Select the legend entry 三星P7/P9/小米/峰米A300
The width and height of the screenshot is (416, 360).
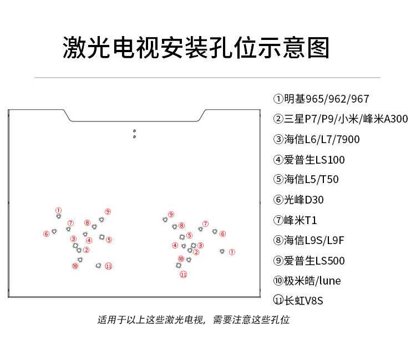click(341, 119)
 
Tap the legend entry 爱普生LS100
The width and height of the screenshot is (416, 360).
click(309, 160)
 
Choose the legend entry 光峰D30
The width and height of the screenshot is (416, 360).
click(298, 200)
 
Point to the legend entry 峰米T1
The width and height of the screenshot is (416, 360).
click(295, 220)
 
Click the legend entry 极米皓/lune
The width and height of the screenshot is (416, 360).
click(307, 280)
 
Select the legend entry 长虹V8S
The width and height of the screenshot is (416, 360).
click(298, 301)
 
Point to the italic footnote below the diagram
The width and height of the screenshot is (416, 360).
click(193, 320)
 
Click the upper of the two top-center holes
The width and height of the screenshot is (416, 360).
click(134, 131)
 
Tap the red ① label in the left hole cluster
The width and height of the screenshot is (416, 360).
click(58, 210)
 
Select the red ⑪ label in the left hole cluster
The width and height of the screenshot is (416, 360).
click(109, 266)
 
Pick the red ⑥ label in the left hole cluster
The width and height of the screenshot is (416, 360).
click(46, 234)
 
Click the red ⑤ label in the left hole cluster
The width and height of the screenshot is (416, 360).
click(109, 240)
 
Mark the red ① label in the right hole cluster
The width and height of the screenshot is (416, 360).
click(232, 252)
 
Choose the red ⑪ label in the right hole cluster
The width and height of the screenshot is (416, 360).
click(183, 274)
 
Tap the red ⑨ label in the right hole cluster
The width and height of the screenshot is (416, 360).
click(171, 214)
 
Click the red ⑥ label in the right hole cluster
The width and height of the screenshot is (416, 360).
click(222, 234)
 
